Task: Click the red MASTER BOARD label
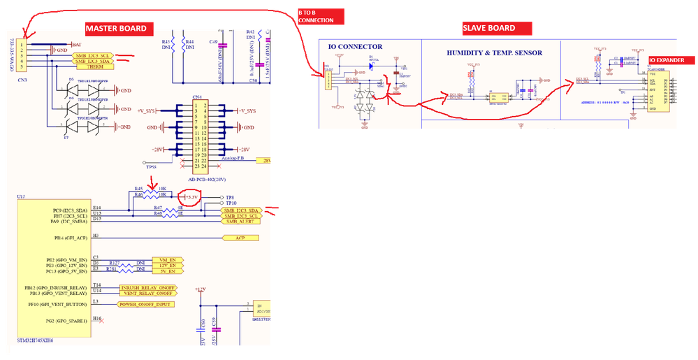coord(116,29)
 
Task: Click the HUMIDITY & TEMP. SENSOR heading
coord(494,52)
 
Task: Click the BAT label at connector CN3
coord(75,45)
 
